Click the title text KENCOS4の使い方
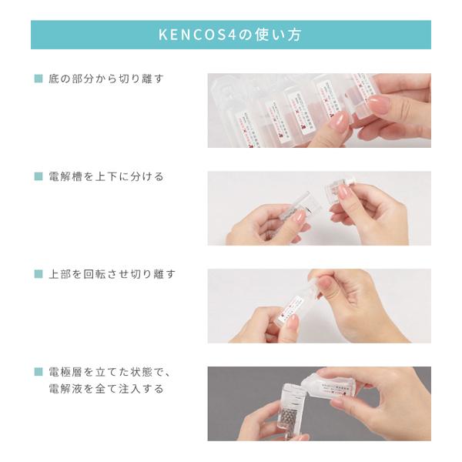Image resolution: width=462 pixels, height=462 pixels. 231,35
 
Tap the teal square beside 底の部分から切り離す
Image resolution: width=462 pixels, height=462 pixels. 38,79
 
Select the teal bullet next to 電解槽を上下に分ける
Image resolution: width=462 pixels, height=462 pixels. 38,176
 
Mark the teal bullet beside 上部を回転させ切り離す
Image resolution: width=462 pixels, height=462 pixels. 38,274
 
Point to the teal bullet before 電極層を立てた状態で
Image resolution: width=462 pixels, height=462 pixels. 38,372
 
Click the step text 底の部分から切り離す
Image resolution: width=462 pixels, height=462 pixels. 105,79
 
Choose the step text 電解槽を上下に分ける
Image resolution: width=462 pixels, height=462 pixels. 105,176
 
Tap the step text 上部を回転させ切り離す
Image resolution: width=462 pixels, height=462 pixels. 112,274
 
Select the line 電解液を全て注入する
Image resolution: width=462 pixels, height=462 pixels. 105,389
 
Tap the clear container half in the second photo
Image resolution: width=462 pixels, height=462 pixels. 301,206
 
